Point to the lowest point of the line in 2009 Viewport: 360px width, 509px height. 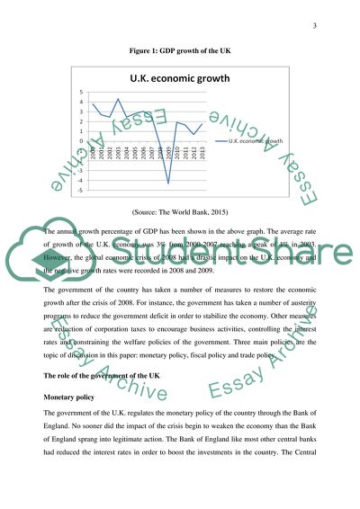point(167,183)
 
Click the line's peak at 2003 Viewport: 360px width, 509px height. point(118,98)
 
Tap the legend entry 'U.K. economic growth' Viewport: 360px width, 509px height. point(256,141)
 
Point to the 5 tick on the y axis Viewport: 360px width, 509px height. point(82,93)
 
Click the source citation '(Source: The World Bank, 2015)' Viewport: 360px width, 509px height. point(179,214)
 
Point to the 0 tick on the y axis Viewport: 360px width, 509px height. point(82,141)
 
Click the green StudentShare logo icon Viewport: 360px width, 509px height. point(48,267)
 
